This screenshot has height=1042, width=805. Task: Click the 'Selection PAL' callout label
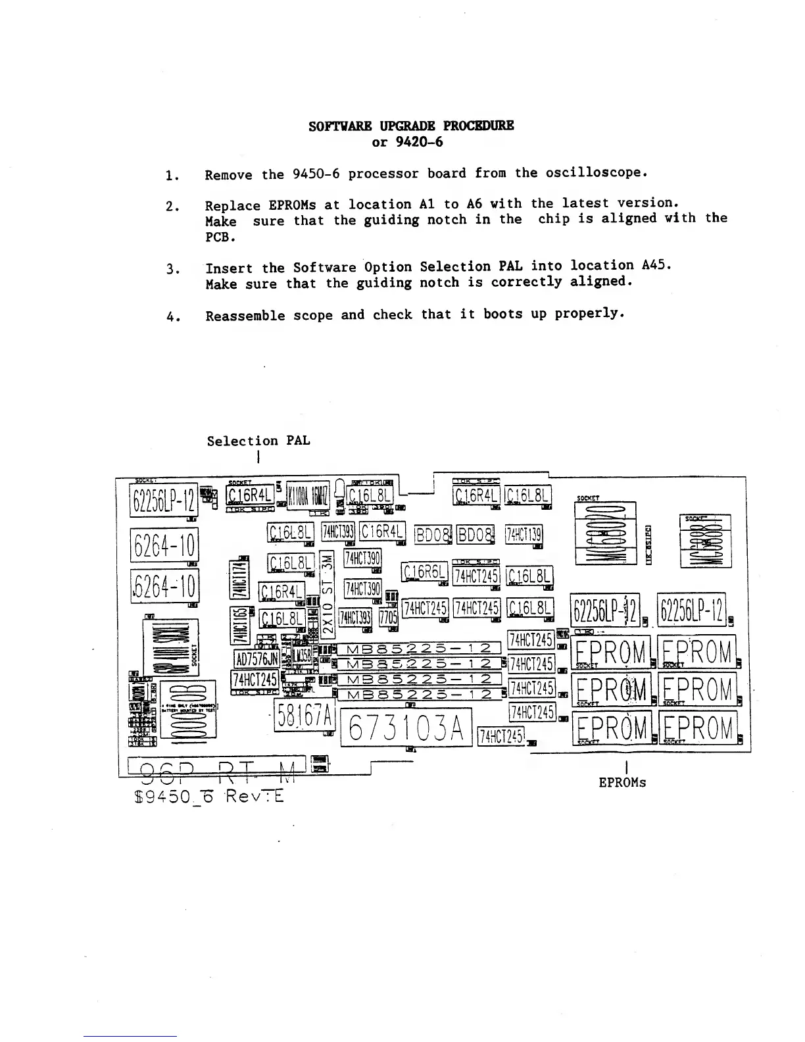[258, 441]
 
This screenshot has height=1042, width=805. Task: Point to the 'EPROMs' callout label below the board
[622, 783]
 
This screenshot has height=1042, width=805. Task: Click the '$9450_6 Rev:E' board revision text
[209, 797]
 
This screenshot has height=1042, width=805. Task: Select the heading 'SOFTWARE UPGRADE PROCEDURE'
[411, 126]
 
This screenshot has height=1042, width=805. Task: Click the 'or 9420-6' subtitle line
[407, 142]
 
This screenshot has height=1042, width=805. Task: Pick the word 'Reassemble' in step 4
[245, 316]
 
